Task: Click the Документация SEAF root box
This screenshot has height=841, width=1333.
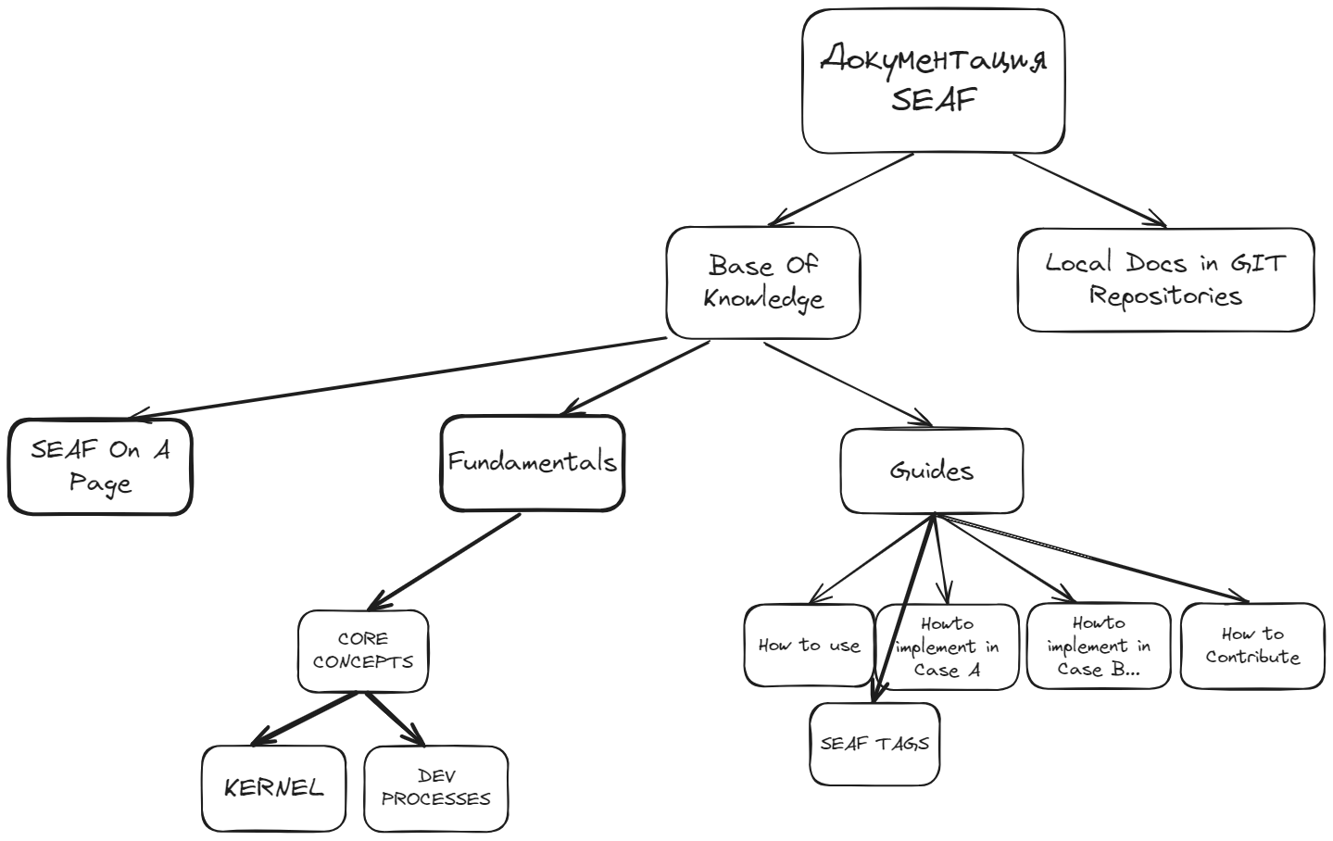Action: coord(933,81)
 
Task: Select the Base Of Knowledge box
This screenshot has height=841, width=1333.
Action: coord(763,282)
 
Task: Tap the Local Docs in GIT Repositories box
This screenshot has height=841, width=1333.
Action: coord(1165,280)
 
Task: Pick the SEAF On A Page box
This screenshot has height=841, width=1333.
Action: coord(100,467)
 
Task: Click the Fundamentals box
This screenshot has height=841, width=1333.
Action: coord(532,462)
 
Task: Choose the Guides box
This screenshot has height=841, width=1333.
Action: coord(932,471)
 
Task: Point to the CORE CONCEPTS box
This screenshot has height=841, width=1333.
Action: coord(363,650)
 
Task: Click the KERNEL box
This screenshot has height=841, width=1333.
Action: coord(274,788)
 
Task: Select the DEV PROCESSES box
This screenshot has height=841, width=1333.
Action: coord(436,788)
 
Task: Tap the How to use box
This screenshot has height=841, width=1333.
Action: coord(809,646)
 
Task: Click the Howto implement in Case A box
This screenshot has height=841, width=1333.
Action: coord(947,646)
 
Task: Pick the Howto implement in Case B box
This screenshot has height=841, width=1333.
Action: coord(1099,646)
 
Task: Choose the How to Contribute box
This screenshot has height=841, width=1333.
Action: coord(1252,646)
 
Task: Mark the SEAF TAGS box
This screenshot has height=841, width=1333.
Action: coord(874,744)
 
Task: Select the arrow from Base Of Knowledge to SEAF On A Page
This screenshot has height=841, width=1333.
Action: coord(398,378)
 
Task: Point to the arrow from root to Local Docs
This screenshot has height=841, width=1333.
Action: coord(1088,189)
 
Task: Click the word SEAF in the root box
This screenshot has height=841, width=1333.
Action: coord(933,100)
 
